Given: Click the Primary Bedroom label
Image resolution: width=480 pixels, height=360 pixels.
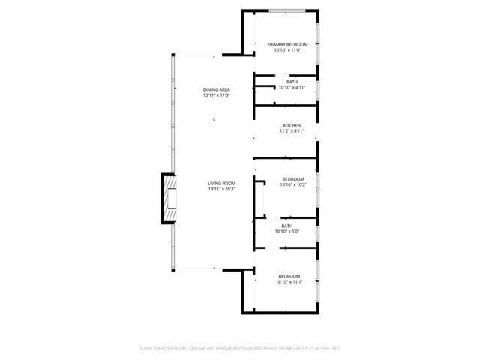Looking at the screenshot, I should click(288, 45).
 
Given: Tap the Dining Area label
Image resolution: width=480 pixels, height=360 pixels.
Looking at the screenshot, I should click(216, 90).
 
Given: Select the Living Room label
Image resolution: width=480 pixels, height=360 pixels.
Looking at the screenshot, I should click(222, 184).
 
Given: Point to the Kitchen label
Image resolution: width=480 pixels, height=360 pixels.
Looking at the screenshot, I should click(292, 125).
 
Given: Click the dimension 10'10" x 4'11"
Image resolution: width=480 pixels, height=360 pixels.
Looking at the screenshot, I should click(292, 87).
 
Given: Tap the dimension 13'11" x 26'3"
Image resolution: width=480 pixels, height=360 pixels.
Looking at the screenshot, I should click(222, 189).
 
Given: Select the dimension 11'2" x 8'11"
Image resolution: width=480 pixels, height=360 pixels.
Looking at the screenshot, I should click(292, 131).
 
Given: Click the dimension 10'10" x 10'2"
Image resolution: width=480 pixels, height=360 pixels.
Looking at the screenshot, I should click(293, 184).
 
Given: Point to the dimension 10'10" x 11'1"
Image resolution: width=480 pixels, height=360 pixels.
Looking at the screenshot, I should click(289, 282).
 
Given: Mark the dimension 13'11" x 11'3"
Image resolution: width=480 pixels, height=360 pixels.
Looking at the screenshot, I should click(216, 95).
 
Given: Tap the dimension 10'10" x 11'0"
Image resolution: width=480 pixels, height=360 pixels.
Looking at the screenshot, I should click(288, 51).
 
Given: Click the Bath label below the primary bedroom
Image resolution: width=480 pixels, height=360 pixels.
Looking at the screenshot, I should click(292, 82).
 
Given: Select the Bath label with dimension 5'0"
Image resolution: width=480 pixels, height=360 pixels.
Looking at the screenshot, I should click(287, 226).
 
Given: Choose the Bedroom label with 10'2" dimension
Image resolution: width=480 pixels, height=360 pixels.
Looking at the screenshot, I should click(293, 178).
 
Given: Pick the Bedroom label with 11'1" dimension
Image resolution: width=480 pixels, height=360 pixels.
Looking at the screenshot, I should click(289, 276).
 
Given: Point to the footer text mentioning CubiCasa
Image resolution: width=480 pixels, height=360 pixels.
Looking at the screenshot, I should click(240, 348).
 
